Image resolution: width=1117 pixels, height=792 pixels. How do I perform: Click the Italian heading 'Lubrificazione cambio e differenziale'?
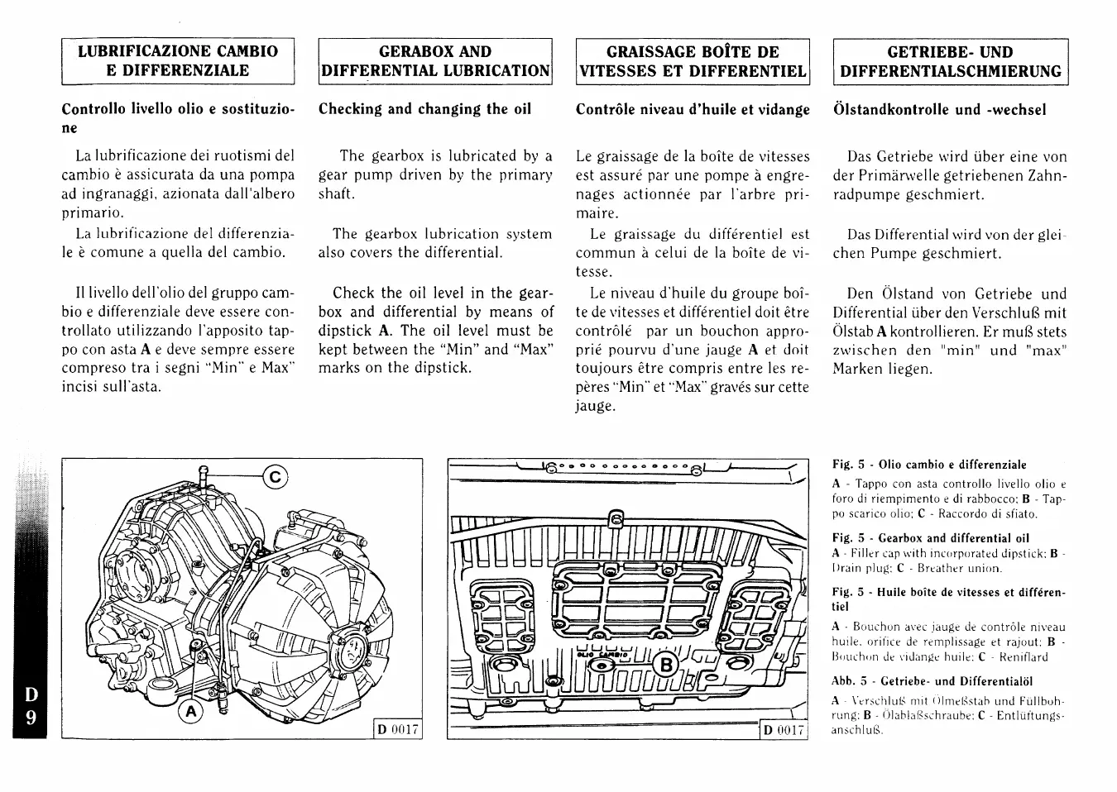(178, 61)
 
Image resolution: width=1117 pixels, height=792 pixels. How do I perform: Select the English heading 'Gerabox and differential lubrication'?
(435, 61)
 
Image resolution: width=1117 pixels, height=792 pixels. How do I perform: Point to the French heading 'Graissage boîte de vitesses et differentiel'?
(693, 61)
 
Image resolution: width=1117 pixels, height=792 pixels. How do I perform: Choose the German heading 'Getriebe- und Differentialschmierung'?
(950, 61)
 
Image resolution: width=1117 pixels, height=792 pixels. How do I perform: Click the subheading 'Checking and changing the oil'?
(424, 109)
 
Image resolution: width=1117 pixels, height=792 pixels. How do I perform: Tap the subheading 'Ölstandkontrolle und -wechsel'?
(939, 110)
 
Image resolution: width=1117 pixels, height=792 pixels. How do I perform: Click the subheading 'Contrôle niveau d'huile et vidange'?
(693, 109)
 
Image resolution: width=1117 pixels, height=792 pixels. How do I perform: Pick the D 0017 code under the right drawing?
(784, 730)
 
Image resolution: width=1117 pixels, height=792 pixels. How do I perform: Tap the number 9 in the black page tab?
(30, 717)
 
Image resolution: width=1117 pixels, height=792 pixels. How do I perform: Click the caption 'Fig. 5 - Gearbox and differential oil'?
(931, 538)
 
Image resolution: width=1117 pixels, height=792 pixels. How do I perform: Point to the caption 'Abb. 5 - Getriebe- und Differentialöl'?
(932, 682)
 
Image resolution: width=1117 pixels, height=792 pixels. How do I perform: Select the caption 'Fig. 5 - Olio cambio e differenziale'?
(929, 465)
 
